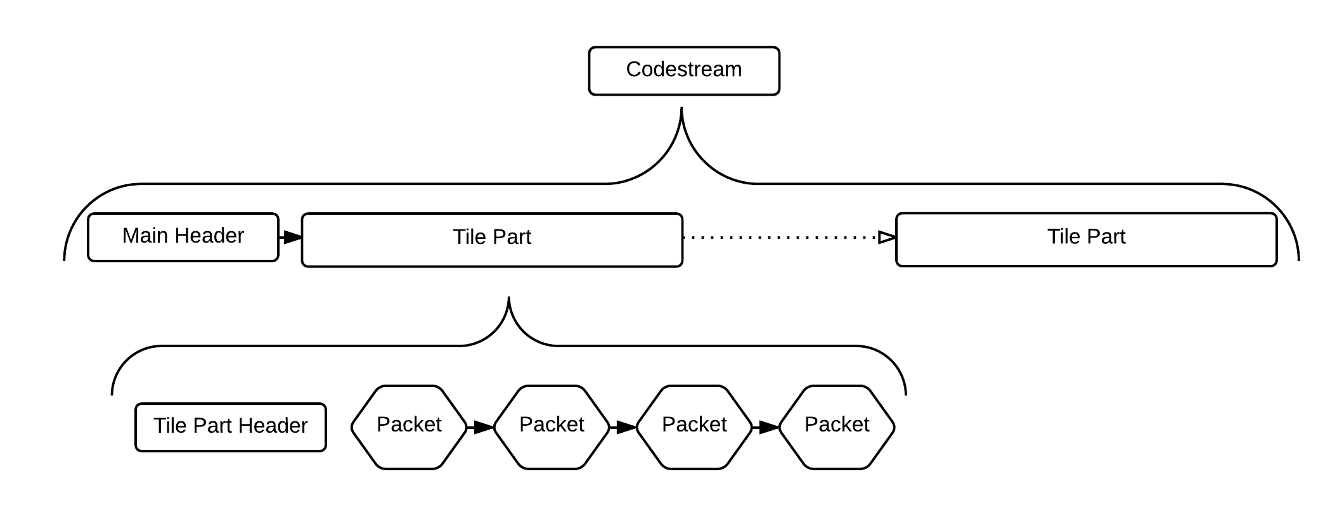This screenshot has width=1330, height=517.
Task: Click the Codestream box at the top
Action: pos(684,71)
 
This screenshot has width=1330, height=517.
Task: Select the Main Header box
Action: pos(183,237)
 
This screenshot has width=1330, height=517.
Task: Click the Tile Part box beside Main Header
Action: pos(492,239)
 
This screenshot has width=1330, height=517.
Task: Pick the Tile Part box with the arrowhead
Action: pos(1086,239)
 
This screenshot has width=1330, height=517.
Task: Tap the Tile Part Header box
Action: pos(230,427)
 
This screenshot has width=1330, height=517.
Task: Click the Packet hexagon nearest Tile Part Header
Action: pos(409,427)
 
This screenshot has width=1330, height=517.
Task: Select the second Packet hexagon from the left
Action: pos(552,427)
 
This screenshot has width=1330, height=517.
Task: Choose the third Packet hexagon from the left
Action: pos(694,427)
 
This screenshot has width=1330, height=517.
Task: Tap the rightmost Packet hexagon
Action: pos(837,427)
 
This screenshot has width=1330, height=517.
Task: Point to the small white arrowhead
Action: pos(886,238)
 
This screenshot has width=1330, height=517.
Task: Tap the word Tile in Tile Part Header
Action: pos(170,426)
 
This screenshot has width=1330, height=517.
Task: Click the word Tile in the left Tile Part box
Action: pos(469,237)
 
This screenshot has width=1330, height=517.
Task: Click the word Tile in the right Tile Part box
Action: pos(1064,236)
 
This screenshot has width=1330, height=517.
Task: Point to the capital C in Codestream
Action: pos(633,69)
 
